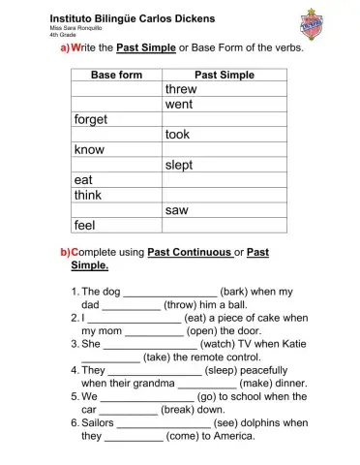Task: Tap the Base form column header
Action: pyautogui.click(x=116, y=75)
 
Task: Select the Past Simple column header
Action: pyautogui.click(x=225, y=75)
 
